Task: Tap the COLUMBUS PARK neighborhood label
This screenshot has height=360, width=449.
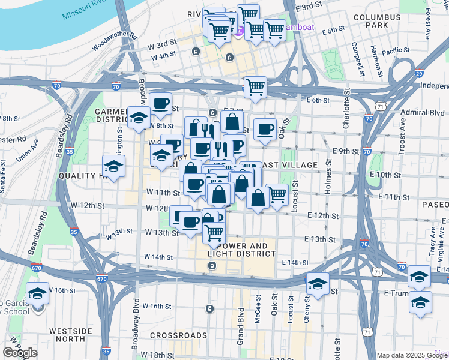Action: click(x=376, y=22)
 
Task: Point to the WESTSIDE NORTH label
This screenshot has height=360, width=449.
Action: click(x=67, y=334)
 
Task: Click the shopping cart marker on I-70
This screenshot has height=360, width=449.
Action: click(x=255, y=87)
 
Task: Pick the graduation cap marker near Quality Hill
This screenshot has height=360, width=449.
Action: click(x=113, y=166)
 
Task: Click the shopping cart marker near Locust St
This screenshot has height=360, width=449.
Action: click(x=277, y=194)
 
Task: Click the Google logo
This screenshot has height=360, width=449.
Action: click(x=20, y=353)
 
